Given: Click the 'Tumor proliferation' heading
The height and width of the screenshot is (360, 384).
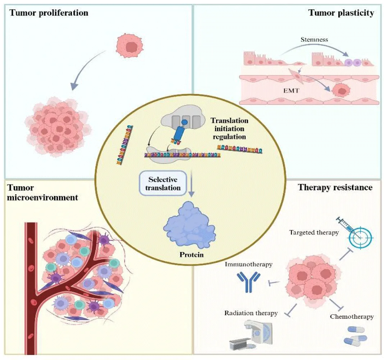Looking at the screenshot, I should tap(49, 13).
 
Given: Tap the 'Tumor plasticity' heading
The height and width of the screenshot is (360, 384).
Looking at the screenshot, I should tap(341, 13).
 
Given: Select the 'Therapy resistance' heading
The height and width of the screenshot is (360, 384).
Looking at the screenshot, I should tap(335, 188).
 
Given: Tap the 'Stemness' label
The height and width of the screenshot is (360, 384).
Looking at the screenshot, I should tap(314, 40).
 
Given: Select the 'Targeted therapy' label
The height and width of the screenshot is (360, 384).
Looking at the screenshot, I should tap(314, 233).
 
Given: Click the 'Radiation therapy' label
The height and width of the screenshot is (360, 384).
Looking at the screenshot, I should tap(251, 313).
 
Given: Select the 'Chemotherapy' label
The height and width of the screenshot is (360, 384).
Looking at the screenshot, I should tap(352, 317).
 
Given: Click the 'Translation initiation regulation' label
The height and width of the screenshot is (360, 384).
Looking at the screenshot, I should tap(229, 129).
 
